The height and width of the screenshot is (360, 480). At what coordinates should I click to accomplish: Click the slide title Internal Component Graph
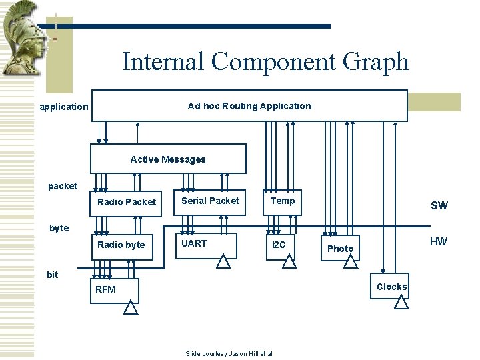point(265,62)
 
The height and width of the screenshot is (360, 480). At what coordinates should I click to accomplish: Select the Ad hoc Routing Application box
point(249,106)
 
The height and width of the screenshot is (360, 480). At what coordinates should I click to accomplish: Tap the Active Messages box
point(168,159)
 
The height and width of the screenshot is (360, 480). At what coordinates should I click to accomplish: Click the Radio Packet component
point(127,202)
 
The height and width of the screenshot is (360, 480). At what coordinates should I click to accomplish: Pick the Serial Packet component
point(210,201)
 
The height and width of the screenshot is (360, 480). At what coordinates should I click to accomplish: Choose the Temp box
point(283,201)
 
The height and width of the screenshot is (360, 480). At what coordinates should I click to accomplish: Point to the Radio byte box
point(121,245)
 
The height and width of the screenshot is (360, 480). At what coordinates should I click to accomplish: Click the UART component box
point(207,245)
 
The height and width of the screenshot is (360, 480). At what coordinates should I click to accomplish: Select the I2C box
point(279,245)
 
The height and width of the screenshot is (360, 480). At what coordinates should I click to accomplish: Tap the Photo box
point(341,249)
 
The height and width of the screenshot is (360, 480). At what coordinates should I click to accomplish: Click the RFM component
point(115,290)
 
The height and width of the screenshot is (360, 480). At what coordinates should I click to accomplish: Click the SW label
point(439,205)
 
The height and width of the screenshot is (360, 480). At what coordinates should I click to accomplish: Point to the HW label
point(438,241)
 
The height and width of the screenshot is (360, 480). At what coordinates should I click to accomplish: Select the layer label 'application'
point(64,107)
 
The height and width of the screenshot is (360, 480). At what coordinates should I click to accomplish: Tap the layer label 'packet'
point(63,186)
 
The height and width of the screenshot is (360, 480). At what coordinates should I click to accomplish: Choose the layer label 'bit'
point(53,274)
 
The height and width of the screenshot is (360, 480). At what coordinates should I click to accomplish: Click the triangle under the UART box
point(223,261)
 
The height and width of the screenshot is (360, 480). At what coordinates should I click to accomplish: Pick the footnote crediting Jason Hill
point(229,353)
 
